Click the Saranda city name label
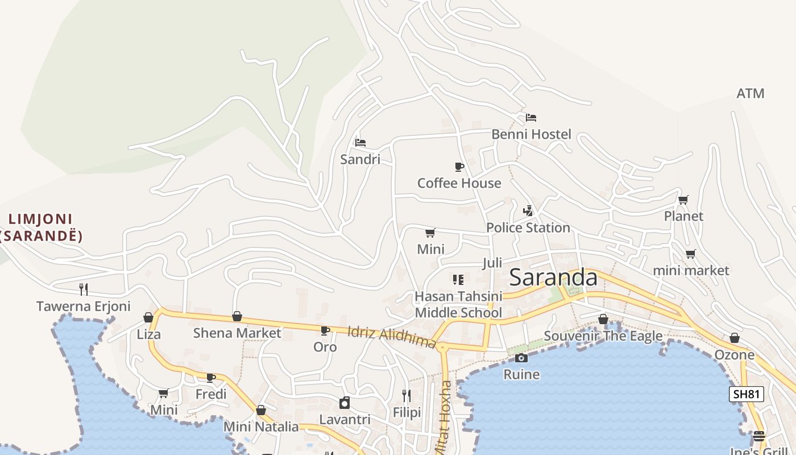coord(553,278)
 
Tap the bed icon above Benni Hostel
coord(531,118)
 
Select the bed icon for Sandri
coord(360,142)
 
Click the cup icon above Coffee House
coord(459,167)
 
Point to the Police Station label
coord(528,227)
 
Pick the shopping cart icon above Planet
coord(683,200)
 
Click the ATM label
coord(750,93)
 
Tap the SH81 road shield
coord(746,394)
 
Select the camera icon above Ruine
coord(521,358)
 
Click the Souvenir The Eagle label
coord(603,336)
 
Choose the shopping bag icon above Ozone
coord(735,338)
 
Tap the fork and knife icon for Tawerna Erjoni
coord(84,289)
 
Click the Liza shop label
coord(148,334)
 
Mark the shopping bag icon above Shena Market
coord(237,316)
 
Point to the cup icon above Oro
coord(325,330)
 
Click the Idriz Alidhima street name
coord(391,337)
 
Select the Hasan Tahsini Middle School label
coord(458,304)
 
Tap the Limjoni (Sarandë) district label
coord(40,227)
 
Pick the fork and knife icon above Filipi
coord(407,395)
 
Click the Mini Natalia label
coord(261,427)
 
